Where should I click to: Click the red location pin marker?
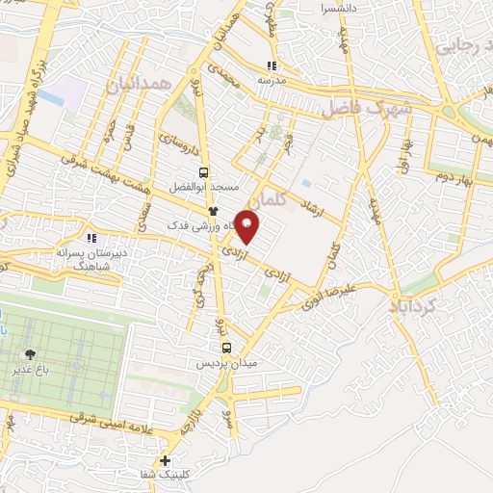[x=247, y=226]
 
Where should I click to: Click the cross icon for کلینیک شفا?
[x=167, y=460]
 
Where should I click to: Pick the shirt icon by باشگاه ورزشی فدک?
[x=213, y=210]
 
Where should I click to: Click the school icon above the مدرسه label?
[x=272, y=65]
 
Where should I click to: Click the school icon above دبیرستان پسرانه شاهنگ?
[x=91, y=238]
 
